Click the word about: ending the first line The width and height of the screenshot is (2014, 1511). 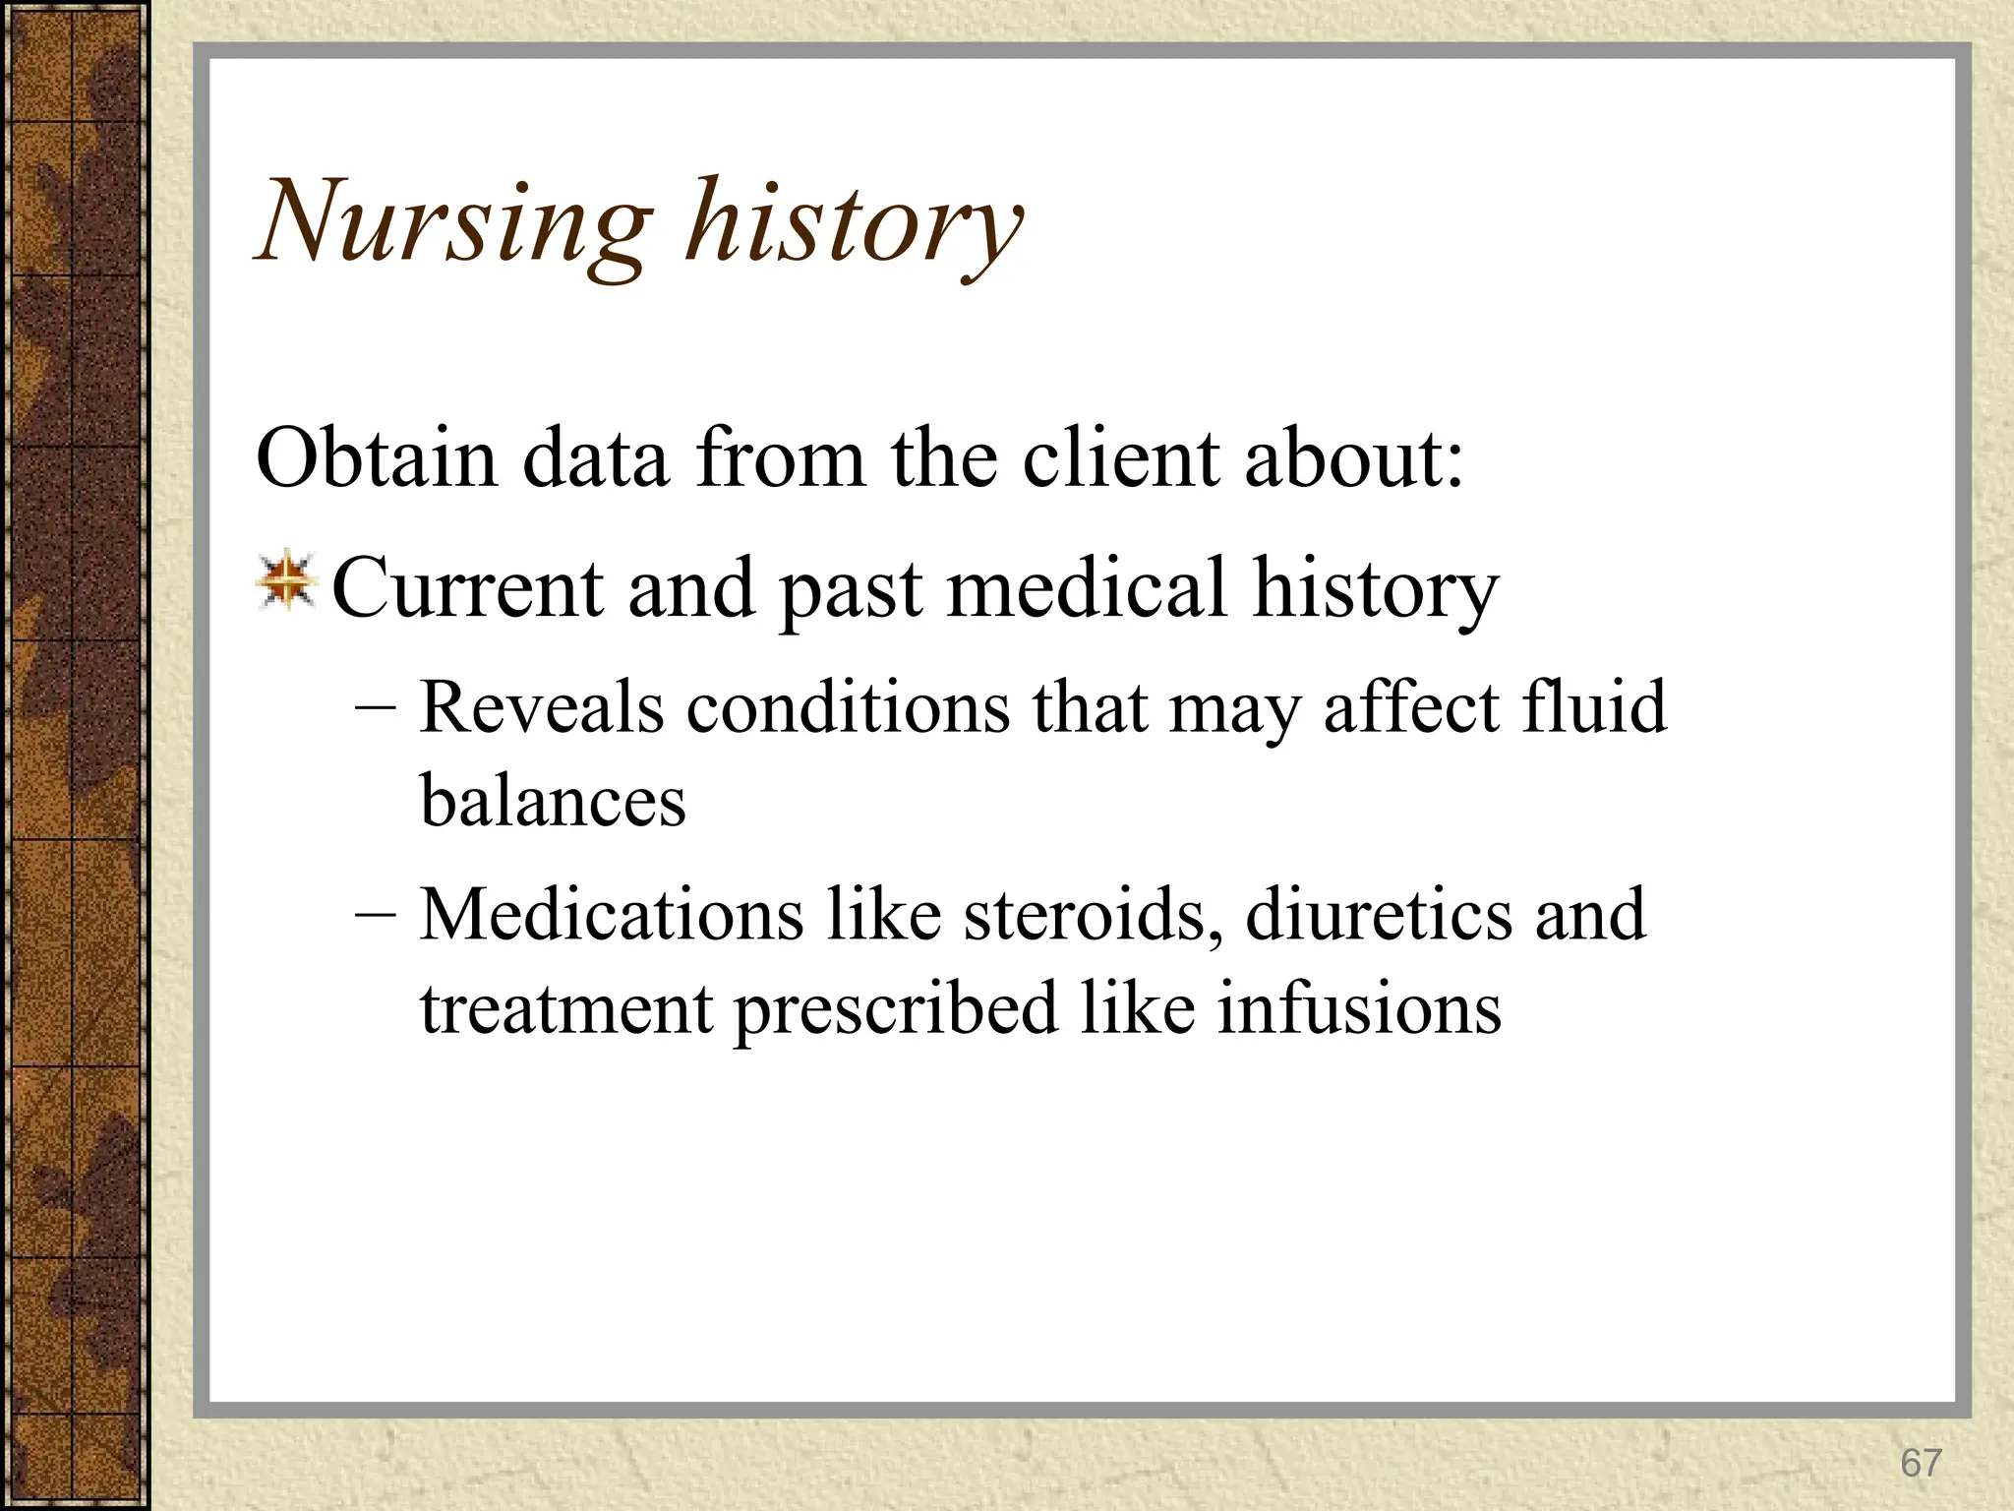pyautogui.click(x=1354, y=458)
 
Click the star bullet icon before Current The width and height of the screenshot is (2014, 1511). pyautogui.click(x=286, y=581)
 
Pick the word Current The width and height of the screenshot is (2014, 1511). pyautogui.click(x=467, y=588)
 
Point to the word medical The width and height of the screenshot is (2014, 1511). pyautogui.click(x=1087, y=588)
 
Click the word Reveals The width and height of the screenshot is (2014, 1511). pyautogui.click(x=542, y=707)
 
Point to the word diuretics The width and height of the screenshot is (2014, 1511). pyautogui.click(x=1377, y=915)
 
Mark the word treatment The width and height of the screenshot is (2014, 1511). pyautogui.click(x=566, y=1009)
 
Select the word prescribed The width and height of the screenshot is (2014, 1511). pyautogui.click(x=896, y=1009)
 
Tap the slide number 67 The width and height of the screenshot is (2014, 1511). pyautogui.click(x=1921, y=1463)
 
